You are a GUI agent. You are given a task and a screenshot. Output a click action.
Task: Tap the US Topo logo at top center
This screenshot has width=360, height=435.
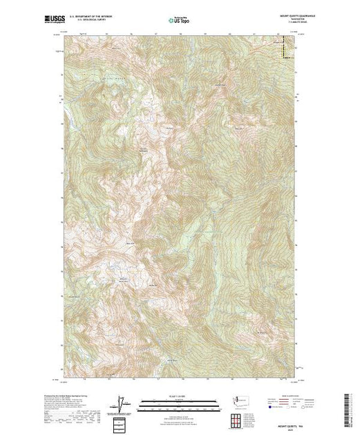[x=180, y=21]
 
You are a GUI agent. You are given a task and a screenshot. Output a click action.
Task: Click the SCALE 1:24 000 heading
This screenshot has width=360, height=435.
[x=180, y=396]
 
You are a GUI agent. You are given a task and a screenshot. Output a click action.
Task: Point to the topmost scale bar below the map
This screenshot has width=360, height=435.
[x=180, y=400]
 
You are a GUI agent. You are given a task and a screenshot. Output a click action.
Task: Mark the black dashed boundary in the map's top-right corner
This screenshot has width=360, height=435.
[x=285, y=50]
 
